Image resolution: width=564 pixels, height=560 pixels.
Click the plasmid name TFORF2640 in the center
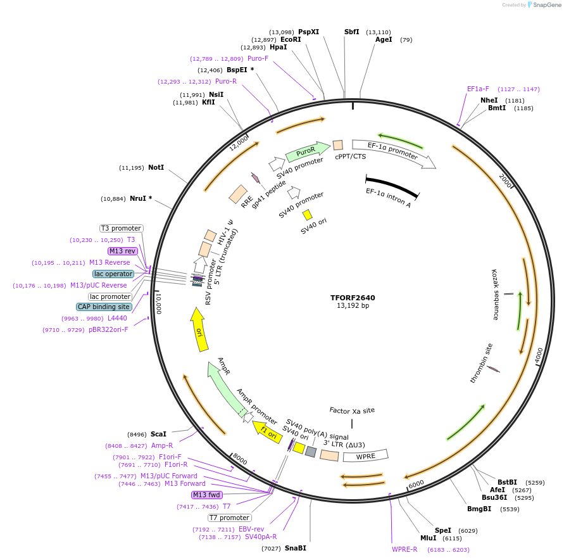[353, 297]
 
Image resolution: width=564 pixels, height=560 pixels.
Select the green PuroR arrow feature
[307, 152]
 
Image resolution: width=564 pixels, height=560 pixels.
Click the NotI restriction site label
[156, 168]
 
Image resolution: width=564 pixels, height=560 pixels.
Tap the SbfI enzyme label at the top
[351, 32]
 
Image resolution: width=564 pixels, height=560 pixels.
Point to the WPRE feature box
[365, 455]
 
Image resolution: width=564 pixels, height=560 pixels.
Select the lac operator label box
[113, 274]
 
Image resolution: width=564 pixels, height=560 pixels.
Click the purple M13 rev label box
[122, 251]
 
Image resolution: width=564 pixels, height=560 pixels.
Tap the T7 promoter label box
[229, 518]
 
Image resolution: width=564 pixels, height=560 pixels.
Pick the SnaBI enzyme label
[295, 548]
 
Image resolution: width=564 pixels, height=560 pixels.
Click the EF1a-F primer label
[478, 89]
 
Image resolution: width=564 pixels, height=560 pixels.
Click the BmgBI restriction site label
[479, 509]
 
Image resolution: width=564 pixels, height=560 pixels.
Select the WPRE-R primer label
[404, 549]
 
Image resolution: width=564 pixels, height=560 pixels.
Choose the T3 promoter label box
[122, 228]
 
